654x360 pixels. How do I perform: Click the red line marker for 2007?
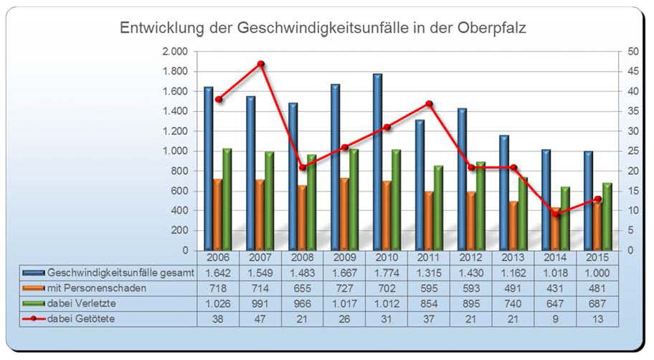261,64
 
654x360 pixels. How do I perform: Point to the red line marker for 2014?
556,214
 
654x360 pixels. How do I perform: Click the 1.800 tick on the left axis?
176,72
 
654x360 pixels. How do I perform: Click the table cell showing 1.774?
387,273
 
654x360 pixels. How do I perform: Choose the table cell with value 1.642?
218,273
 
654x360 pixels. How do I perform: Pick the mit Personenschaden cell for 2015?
597,288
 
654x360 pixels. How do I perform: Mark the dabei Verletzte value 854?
429,303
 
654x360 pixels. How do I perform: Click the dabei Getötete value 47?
260,318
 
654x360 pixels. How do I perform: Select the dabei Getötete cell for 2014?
556,318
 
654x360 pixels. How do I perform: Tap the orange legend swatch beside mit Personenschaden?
33,288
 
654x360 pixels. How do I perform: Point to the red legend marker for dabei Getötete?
33,318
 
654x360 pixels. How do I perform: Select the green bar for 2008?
311,203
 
